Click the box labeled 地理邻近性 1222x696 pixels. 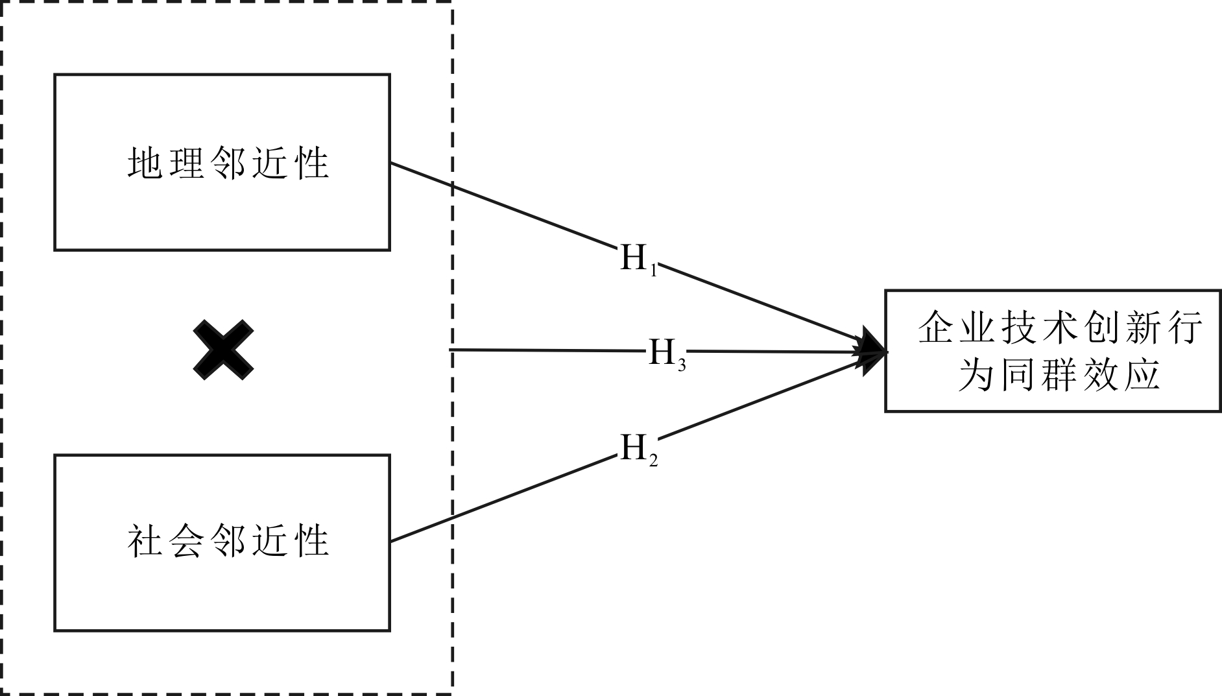222,162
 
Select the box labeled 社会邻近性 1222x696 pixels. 222,542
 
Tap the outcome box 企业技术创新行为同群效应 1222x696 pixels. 1053,350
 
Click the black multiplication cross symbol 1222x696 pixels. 223,350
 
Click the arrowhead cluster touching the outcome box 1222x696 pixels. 869,351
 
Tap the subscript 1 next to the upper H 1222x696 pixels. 653,269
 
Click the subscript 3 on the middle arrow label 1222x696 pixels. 682,365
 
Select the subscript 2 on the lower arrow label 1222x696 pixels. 653,460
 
